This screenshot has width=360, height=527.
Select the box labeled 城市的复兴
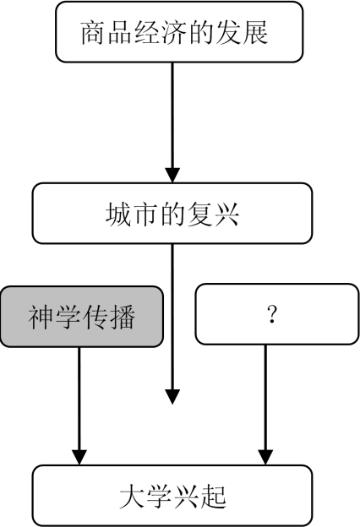click(173, 214)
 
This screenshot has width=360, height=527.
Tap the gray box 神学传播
click(82, 316)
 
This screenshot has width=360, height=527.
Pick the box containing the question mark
click(270, 314)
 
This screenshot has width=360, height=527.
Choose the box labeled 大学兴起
click(173, 495)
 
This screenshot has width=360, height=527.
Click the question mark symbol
click(271, 315)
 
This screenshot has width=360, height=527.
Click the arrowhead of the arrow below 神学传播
click(79, 455)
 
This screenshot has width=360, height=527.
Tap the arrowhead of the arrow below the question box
click(266, 455)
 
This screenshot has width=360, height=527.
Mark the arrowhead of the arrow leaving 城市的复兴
click(173, 395)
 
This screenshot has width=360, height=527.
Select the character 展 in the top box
click(254, 33)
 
